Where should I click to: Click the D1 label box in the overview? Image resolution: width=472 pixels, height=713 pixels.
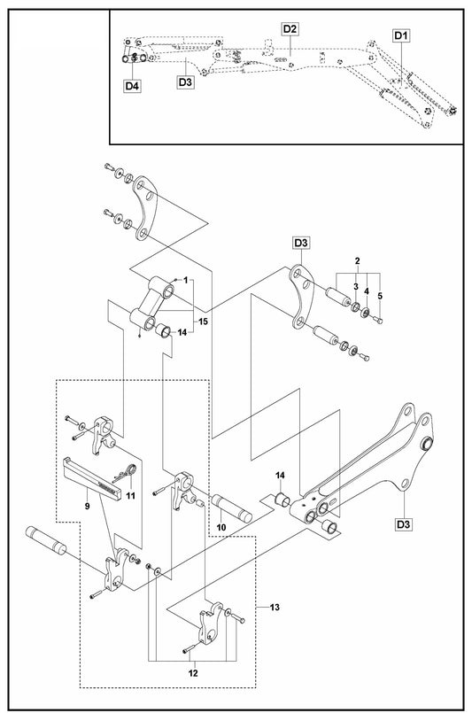pyautogui.click(x=401, y=35)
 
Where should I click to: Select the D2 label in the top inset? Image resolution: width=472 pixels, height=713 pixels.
pyautogui.click(x=290, y=29)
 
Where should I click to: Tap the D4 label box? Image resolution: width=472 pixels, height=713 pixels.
pyautogui.click(x=132, y=86)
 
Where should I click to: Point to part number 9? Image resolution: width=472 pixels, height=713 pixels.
pyautogui.click(x=87, y=505)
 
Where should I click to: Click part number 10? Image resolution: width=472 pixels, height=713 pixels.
pyautogui.click(x=221, y=528)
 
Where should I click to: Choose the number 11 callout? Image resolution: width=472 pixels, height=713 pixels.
pyautogui.click(x=130, y=496)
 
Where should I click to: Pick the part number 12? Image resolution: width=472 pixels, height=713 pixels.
pyautogui.click(x=193, y=673)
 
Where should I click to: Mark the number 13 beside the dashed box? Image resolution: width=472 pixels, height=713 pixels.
pyautogui.click(x=275, y=607)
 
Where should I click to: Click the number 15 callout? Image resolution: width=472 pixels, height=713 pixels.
pyautogui.click(x=204, y=322)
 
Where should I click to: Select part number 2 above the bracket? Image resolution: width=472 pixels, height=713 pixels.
pyautogui.click(x=358, y=261)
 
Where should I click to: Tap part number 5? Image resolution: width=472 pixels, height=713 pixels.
pyautogui.click(x=380, y=296)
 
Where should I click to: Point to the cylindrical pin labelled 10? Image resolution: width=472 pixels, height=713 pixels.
pyautogui.click(x=231, y=508)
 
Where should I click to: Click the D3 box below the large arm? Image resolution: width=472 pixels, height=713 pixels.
pyautogui.click(x=403, y=524)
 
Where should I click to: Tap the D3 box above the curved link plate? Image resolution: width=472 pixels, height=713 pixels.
pyautogui.click(x=300, y=243)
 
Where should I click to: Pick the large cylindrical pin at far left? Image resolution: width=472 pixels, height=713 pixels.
pyautogui.click(x=46, y=540)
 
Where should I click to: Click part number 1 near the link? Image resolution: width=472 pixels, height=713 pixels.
pyautogui.click(x=186, y=280)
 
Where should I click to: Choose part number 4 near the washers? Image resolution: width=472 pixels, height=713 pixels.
pyautogui.click(x=367, y=291)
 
